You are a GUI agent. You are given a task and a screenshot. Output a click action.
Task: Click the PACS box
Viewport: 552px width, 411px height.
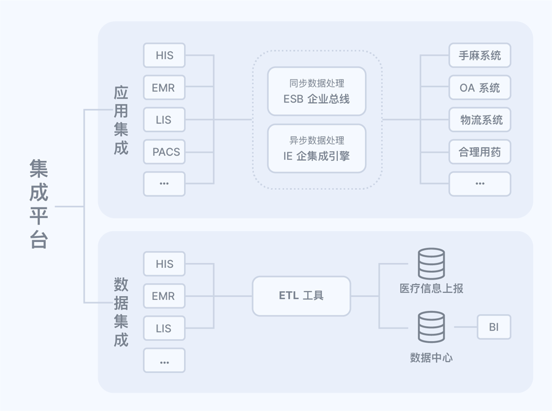[x=164, y=152]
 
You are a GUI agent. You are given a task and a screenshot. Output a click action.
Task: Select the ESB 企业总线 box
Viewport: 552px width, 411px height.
[x=316, y=92]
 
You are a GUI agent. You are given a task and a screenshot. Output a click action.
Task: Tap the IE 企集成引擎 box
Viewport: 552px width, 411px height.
[x=316, y=149]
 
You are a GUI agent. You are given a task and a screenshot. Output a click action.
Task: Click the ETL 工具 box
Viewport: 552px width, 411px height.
[x=301, y=296]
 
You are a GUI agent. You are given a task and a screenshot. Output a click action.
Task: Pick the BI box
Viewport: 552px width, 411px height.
[x=494, y=327]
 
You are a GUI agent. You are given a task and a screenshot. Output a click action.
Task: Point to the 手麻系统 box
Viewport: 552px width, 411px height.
[x=480, y=55]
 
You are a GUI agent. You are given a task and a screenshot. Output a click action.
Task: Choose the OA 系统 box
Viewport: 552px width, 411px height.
[x=480, y=88]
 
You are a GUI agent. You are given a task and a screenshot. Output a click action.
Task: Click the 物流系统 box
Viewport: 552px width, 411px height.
[x=480, y=120]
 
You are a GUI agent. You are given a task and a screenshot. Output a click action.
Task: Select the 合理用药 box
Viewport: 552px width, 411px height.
[x=480, y=152]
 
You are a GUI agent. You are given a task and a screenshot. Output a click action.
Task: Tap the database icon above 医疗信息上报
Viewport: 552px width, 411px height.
[x=431, y=264]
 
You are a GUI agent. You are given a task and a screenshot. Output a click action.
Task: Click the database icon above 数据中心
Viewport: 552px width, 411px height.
[x=431, y=327]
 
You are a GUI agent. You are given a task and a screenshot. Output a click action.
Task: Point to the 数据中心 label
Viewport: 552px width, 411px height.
[x=431, y=358]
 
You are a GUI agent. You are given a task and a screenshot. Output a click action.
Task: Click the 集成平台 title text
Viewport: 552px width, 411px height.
[x=39, y=205]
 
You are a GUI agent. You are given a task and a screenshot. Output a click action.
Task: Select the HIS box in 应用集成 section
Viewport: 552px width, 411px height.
[x=164, y=55]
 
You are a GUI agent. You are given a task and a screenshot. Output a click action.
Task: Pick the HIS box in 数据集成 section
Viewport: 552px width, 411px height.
[x=164, y=264]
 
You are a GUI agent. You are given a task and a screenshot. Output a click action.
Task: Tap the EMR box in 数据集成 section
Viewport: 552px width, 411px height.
[x=164, y=296]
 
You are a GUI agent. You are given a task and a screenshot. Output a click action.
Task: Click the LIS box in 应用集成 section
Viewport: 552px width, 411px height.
[x=164, y=120]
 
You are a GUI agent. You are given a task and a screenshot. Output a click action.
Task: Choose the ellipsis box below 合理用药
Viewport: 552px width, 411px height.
[x=480, y=184]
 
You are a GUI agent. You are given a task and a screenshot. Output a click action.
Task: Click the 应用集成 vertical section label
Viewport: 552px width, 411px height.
[x=121, y=120]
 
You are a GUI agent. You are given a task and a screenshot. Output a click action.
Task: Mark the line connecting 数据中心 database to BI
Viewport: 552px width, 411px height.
[x=466, y=327]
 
